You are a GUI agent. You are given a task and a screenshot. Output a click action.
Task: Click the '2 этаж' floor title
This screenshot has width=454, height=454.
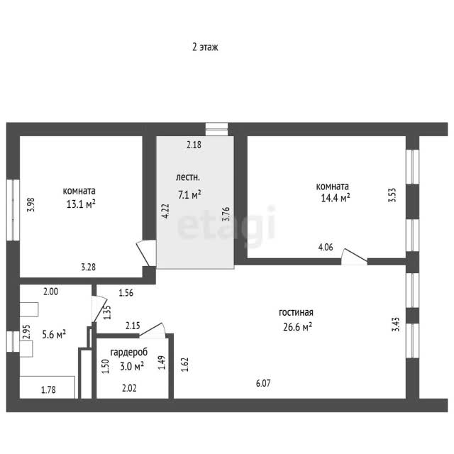tap(205, 47)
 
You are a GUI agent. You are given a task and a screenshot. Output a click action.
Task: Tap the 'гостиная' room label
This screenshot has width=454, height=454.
tap(296, 312)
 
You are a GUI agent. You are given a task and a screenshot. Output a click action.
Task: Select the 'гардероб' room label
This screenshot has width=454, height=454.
tap(129, 353)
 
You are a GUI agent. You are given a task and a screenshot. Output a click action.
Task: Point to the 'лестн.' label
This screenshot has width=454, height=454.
tap(187, 177)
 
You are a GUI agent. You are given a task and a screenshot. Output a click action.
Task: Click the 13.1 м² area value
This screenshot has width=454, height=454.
tap(81, 204)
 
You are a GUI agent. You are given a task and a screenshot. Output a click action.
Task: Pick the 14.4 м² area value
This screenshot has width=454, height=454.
tap(336, 198)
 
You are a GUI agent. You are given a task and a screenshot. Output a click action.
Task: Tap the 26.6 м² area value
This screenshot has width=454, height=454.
tap(297, 327)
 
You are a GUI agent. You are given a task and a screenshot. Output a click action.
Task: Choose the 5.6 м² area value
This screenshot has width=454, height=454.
tap(54, 334)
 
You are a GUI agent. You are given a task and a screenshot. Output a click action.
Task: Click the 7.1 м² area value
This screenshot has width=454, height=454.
tap(189, 194)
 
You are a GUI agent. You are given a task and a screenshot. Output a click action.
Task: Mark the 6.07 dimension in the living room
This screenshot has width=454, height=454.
tap(263, 383)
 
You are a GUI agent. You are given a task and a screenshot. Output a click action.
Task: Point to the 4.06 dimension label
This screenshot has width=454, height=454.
tap(326, 247)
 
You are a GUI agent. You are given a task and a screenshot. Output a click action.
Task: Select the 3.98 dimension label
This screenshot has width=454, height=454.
tap(31, 204)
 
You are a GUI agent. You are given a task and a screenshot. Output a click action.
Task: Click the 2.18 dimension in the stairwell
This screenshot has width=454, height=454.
tap(194, 145)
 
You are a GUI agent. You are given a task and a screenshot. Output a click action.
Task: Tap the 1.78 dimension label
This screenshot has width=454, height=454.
tap(48, 389)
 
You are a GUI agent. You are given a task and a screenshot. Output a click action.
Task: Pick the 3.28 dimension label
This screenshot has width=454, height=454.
tap(88, 267)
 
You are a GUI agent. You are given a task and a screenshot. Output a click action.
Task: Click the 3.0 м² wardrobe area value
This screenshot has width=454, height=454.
tap(132, 366)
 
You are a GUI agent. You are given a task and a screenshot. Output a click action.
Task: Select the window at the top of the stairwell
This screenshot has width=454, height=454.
tap(216, 129)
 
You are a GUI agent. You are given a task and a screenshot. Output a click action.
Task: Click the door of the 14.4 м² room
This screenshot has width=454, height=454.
tap(355, 257)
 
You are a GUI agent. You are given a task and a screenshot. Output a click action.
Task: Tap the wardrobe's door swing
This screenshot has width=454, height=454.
tap(153, 330)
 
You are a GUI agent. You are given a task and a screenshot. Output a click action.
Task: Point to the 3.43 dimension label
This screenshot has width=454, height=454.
tap(396, 324)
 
